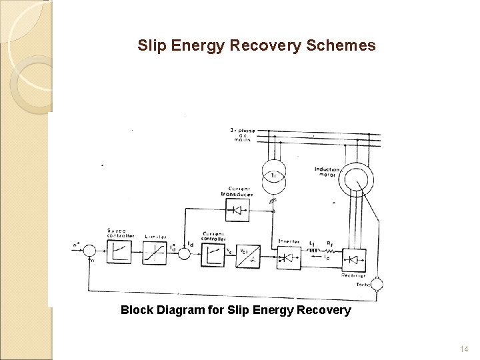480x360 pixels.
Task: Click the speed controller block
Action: pyautogui.click(x=121, y=252)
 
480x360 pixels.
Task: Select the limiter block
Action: pyautogui.click(x=155, y=252)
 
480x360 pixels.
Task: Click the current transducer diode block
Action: pyautogui.click(x=237, y=210)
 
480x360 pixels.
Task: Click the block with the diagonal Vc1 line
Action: pyautogui.click(x=249, y=255)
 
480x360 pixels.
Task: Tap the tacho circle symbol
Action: pyautogui.click(x=377, y=285)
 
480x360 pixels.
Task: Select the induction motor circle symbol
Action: pyautogui.click(x=359, y=178)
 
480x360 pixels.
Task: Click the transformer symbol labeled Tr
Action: pyautogui.click(x=273, y=175)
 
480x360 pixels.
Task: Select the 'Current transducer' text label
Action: pyautogui.click(x=238, y=191)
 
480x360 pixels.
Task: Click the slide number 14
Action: pyautogui.click(x=465, y=349)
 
